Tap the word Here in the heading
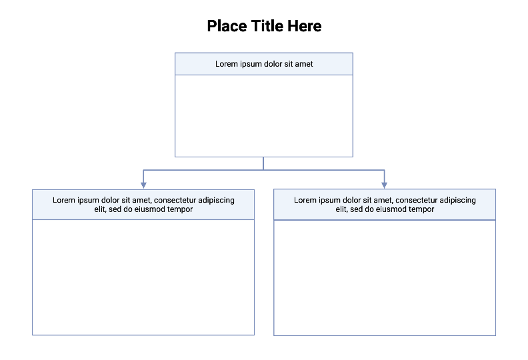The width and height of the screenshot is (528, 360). [x=305, y=26]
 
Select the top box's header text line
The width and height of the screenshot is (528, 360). [x=264, y=64]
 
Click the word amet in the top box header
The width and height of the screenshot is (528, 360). [x=303, y=64]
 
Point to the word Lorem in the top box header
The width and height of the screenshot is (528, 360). [x=226, y=64]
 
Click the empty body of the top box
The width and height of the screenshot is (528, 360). [x=264, y=115]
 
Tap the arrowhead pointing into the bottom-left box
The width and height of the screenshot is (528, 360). [x=143, y=184]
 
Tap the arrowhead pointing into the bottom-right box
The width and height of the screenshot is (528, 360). [x=385, y=184]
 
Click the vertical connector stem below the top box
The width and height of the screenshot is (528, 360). [x=263, y=163]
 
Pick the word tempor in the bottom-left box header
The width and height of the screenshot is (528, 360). [x=180, y=209]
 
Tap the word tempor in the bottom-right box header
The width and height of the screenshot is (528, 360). [x=421, y=209]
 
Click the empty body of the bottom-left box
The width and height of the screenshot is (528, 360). [x=143, y=277]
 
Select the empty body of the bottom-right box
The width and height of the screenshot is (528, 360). [x=385, y=277]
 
